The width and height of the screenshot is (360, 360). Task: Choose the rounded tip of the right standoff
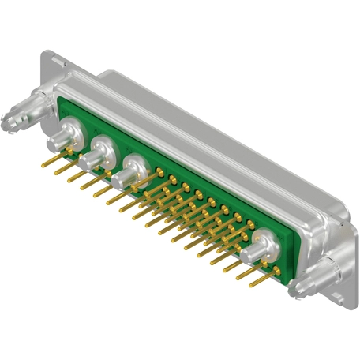[294, 291]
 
